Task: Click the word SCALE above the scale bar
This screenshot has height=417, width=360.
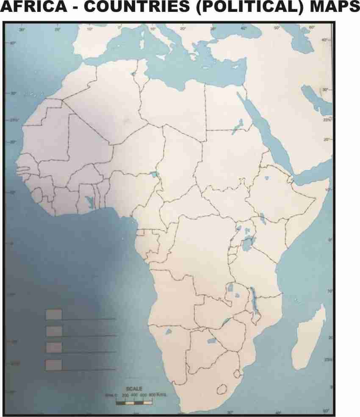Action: tap(134, 389)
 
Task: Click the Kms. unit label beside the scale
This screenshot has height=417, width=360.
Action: tap(161, 395)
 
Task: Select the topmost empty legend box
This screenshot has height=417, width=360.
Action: tap(54, 314)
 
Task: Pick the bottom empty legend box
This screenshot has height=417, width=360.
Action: tap(54, 364)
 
